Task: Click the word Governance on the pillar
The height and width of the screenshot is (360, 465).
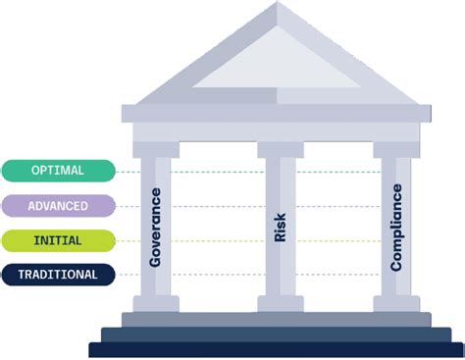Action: coord(156,228)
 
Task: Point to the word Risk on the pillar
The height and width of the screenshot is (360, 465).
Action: coord(279,228)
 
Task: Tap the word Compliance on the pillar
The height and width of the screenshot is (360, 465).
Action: coord(397,228)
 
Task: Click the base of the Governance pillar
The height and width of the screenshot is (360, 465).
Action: coord(156,302)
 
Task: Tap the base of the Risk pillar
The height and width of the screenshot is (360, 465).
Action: coord(278,302)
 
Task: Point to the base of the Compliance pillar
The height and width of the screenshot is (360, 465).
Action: coord(397,302)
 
